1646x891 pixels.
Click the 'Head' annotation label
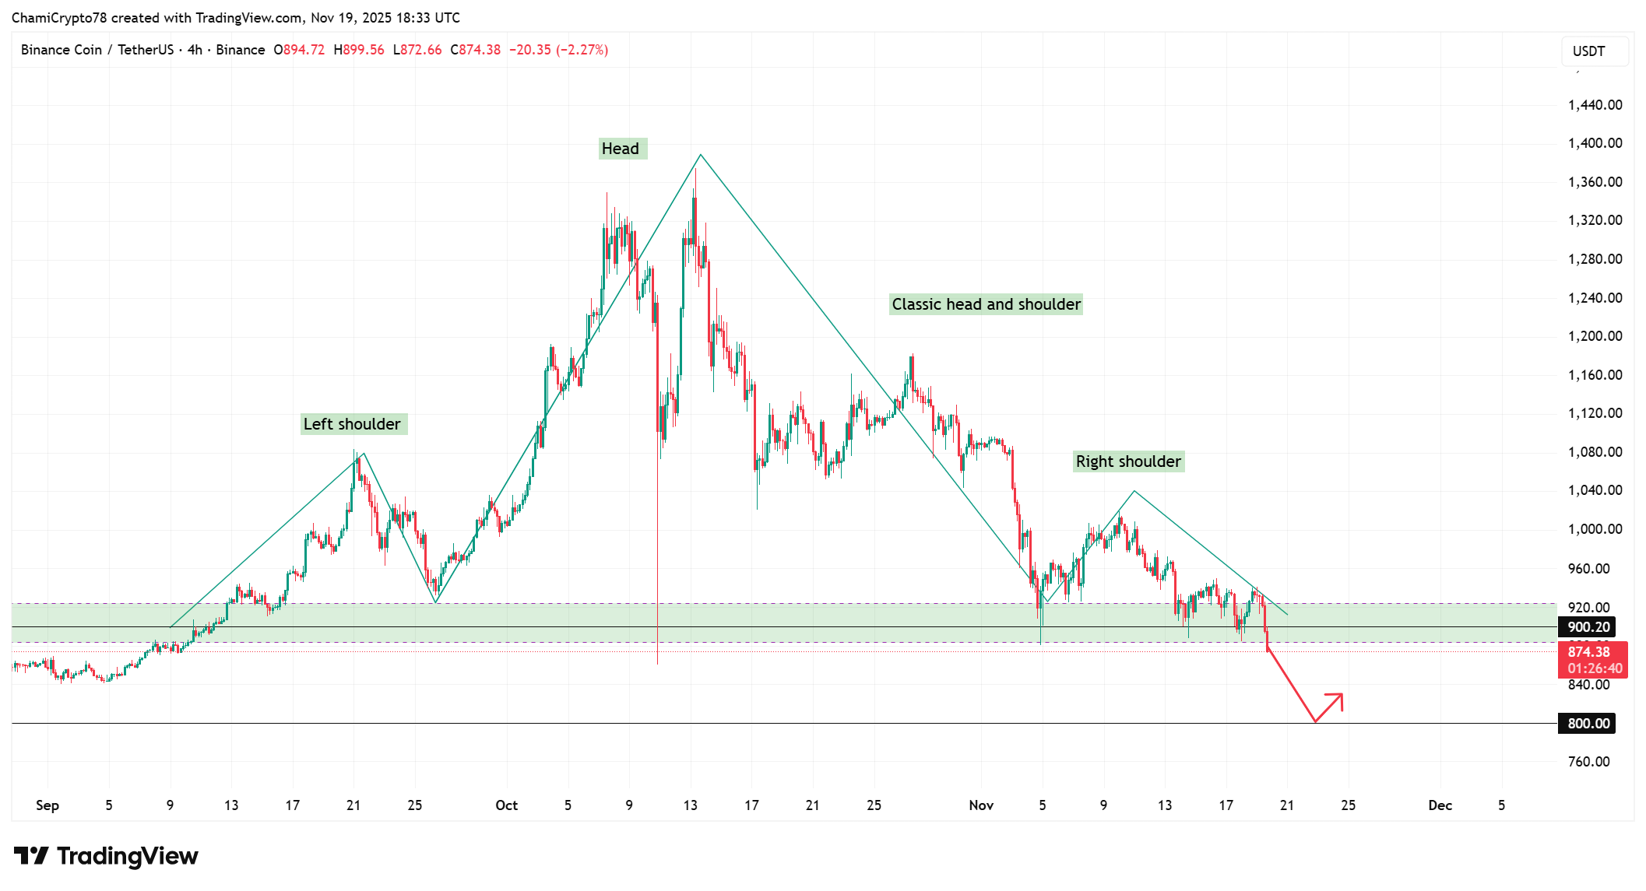[621, 149]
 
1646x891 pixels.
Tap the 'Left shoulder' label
[353, 424]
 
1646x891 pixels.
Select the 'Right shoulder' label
[1128, 461]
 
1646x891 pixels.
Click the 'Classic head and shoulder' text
[986, 304]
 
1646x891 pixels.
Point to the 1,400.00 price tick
[1595, 143]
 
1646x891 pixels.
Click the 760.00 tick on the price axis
[1588, 762]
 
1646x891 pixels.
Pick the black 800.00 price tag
[1588, 724]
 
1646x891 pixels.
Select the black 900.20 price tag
[1588, 627]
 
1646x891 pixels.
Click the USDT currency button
[1593, 51]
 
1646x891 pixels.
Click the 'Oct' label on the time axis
[506, 805]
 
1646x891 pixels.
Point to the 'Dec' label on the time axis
[1440, 805]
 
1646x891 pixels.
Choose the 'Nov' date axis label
[981, 805]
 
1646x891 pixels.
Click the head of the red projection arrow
[1341, 695]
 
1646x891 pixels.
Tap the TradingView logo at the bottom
[107, 856]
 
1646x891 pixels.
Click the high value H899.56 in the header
[359, 50]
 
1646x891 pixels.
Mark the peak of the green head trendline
[700, 154]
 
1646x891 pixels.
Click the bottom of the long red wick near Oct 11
[658, 663]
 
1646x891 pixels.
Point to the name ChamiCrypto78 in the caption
[58, 18]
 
